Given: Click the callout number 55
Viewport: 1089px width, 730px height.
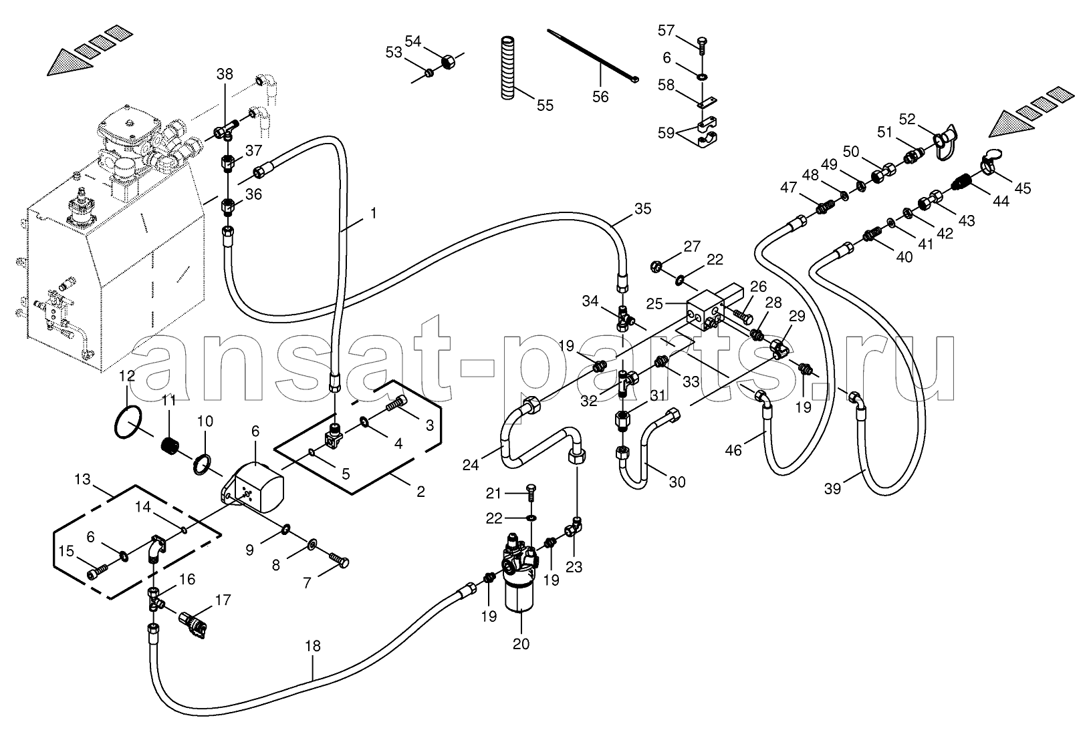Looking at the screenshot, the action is [x=545, y=106].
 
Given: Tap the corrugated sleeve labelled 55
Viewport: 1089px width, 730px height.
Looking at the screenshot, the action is [x=508, y=67].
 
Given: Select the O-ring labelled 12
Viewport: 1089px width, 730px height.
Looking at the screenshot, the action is [x=129, y=423].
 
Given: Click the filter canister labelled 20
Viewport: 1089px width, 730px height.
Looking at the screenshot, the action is [x=519, y=577].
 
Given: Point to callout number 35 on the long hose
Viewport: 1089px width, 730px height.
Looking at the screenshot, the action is [x=642, y=209].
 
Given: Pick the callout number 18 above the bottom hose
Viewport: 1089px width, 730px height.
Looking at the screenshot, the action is [x=313, y=646].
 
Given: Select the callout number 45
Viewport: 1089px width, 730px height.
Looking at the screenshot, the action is [x=1023, y=188].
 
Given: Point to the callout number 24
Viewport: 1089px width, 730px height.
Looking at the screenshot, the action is [x=470, y=466].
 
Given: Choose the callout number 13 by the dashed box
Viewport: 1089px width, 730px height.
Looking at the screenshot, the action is [x=83, y=480].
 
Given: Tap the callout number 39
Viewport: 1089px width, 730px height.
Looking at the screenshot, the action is [x=832, y=489].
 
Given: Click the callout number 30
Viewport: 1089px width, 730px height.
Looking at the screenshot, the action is [x=677, y=482].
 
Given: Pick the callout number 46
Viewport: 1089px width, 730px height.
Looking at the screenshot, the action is [x=733, y=451].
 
